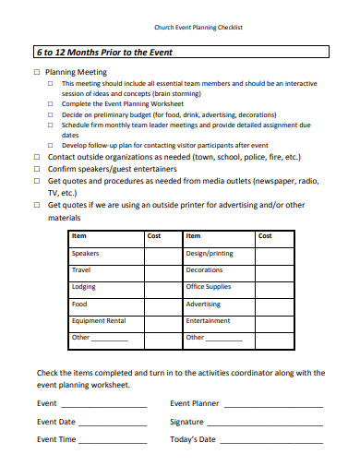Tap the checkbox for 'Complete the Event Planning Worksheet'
coord(51,104)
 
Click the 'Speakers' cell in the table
coord(86,253)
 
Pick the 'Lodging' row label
coord(84,287)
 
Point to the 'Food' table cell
coord(80,304)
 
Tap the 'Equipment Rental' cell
coord(99,320)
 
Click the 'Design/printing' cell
coord(210,253)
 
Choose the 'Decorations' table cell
coord(205,269)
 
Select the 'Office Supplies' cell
coord(209,287)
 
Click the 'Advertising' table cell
coord(203,304)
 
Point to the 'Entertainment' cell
coord(208,320)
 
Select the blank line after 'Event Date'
coord(114,423)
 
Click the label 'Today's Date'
coord(193,439)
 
